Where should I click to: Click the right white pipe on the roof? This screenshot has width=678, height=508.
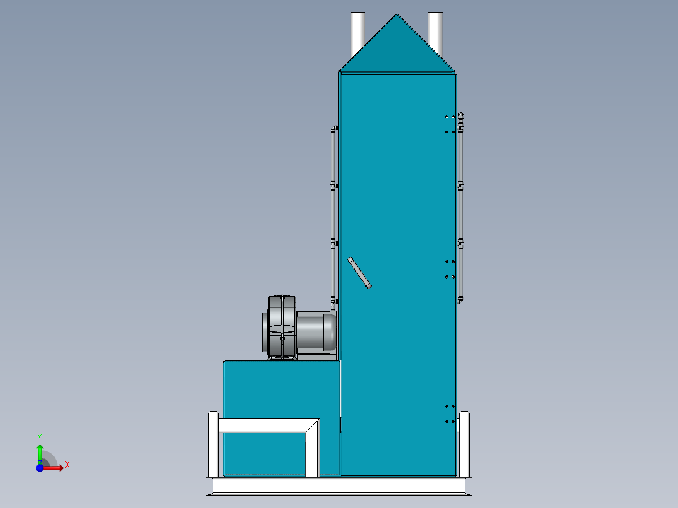pos(435,31)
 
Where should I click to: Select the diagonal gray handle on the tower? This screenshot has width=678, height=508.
pos(359,272)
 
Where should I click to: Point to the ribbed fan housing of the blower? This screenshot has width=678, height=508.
pos(280,327)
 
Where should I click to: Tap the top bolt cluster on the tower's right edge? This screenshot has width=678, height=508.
pos(450,124)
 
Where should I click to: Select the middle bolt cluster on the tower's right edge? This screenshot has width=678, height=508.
pos(450,269)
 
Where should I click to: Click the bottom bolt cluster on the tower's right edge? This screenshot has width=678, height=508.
pos(450,414)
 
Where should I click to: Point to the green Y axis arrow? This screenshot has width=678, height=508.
pos(40,451)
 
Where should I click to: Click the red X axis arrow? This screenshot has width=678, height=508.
pos(55,468)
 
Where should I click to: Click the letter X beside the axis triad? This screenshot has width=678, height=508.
pos(67,465)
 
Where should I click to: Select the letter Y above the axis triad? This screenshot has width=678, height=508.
pos(40,436)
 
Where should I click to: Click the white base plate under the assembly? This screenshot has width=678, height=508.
pos(340,486)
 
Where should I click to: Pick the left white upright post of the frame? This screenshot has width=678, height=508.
pos(213,443)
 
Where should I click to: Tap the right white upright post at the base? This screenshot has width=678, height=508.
pos(464,443)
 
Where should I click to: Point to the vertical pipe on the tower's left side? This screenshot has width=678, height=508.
pos(334,214)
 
